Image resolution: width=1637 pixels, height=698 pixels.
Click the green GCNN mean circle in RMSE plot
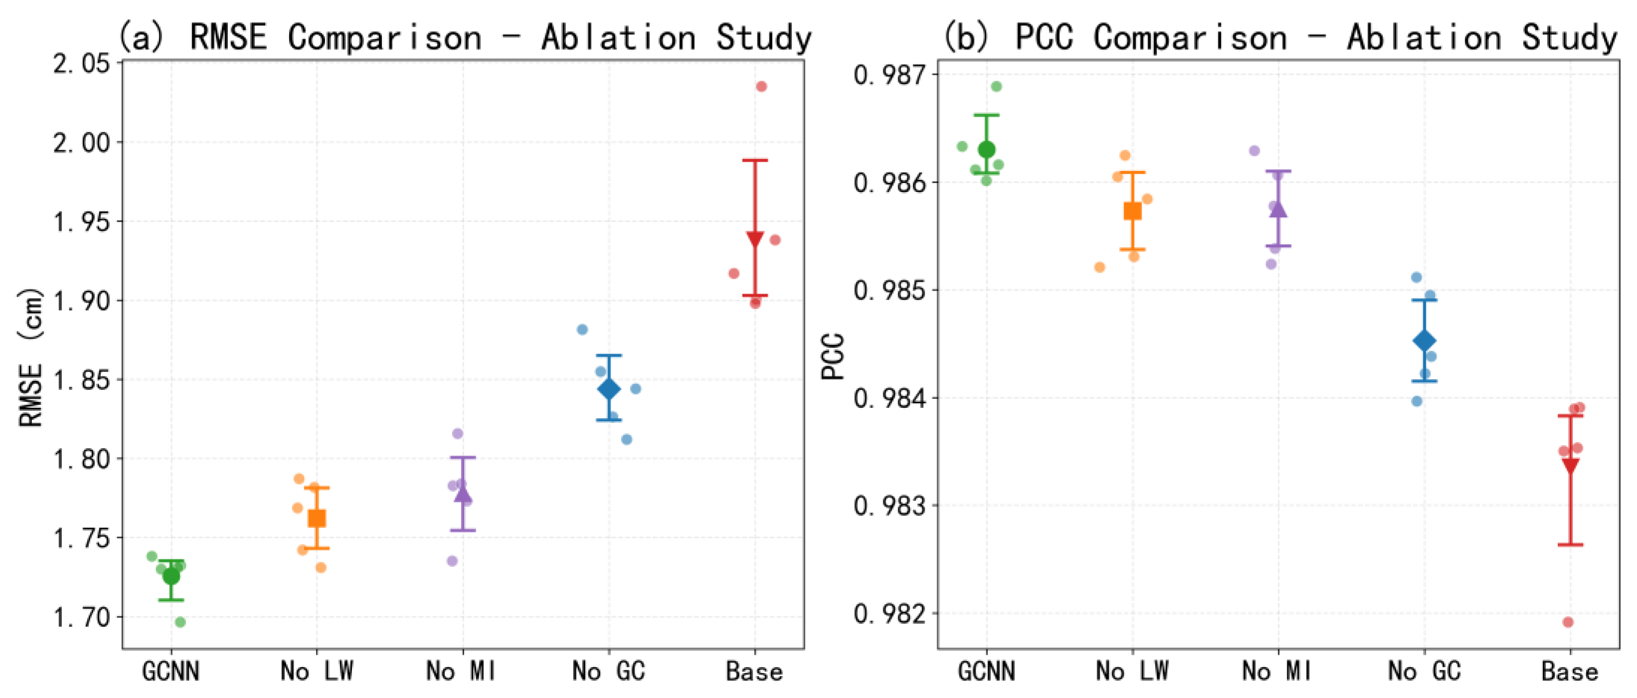click(171, 576)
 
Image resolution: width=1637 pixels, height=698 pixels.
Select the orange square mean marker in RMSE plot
click(317, 518)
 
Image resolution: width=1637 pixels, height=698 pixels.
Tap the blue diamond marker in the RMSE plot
click(609, 388)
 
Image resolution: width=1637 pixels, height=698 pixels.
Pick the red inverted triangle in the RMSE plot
click(755, 239)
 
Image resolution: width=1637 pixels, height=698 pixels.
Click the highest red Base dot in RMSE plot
click(761, 86)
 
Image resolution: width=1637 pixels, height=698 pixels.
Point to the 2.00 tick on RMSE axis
click(81, 143)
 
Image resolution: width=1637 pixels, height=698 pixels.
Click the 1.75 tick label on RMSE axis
click(81, 538)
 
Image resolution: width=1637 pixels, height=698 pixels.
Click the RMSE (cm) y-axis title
click(30, 357)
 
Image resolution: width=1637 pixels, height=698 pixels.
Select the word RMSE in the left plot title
click(227, 37)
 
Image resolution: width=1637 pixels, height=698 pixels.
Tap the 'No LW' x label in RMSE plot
click(317, 671)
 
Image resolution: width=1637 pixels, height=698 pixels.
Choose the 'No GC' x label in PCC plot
click(1424, 671)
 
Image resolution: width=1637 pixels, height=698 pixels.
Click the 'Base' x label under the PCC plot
click(1570, 671)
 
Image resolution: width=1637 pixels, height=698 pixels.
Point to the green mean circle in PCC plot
click(986, 150)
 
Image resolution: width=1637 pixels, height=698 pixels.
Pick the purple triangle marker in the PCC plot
click(1278, 209)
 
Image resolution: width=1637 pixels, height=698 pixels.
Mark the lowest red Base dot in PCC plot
click(1568, 622)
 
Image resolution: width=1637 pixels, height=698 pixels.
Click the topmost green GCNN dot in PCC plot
click(996, 86)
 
